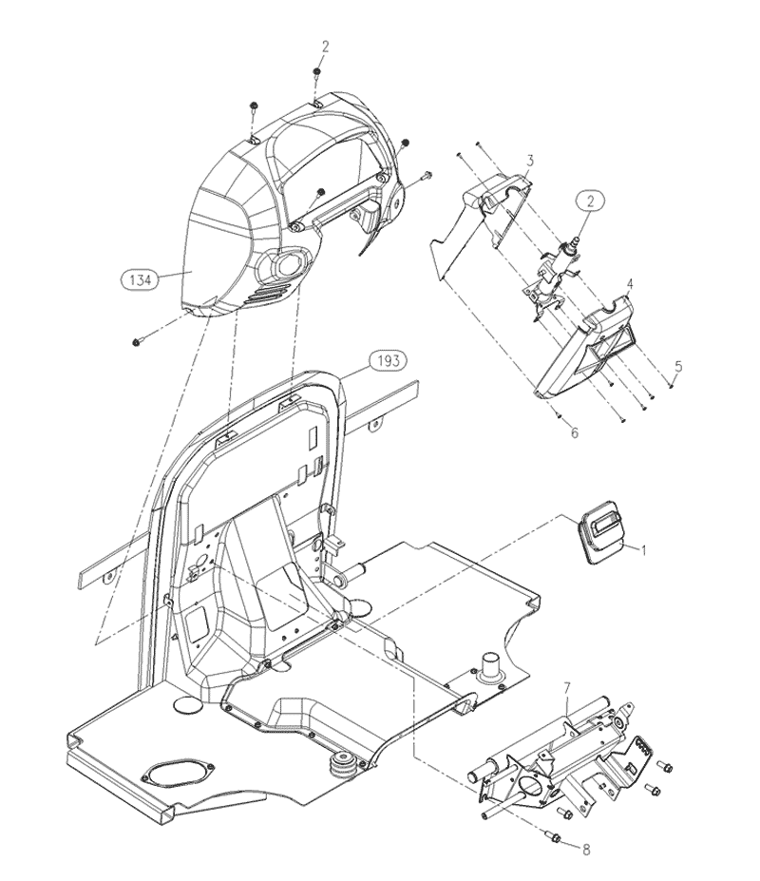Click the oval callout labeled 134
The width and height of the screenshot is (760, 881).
(x=140, y=279)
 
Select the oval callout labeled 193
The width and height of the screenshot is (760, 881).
(x=388, y=360)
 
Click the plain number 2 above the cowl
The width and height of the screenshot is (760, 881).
(x=325, y=48)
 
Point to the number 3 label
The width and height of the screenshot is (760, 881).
(x=530, y=162)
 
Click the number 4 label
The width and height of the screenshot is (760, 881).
(x=631, y=284)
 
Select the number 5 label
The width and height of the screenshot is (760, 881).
(x=679, y=368)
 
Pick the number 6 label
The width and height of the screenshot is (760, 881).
(x=575, y=433)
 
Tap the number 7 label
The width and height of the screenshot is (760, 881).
(x=567, y=687)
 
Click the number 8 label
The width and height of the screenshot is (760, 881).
(x=586, y=850)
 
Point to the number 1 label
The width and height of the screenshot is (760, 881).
(x=644, y=550)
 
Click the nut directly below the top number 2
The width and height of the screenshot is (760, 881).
(x=316, y=73)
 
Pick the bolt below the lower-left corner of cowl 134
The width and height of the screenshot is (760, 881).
(x=137, y=341)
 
